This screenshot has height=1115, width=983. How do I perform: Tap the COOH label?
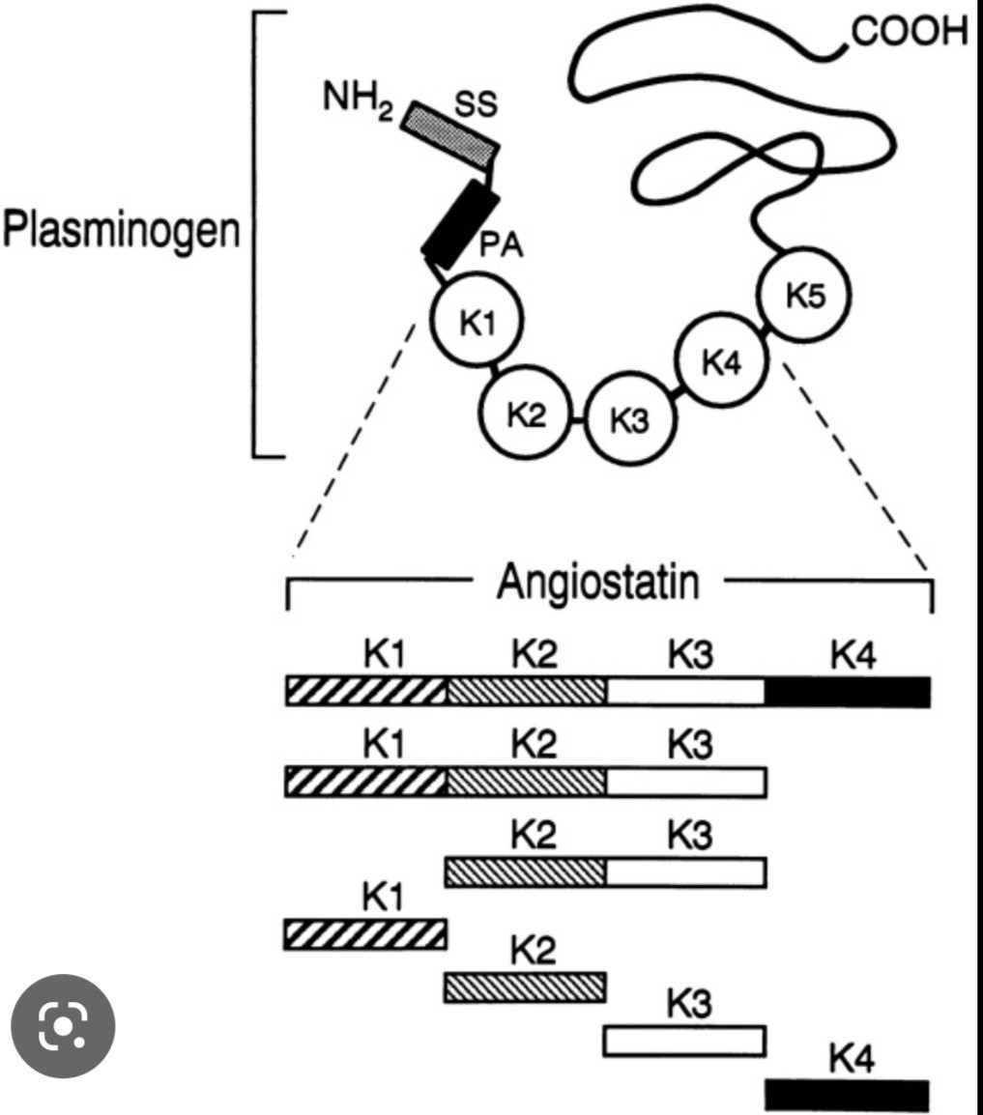[909, 32]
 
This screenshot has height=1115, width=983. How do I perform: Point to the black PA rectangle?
[460, 222]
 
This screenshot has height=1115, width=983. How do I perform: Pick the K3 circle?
[630, 421]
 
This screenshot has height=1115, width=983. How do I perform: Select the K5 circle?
[804, 298]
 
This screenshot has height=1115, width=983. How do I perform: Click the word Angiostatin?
[596, 583]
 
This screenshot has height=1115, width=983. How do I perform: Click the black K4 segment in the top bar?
[848, 692]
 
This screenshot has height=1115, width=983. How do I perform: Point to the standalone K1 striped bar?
[366, 934]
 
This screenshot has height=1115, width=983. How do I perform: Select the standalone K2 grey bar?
[526, 986]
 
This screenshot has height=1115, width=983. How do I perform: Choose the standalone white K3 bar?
[685, 1040]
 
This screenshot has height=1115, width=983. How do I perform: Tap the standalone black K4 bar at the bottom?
[847, 1095]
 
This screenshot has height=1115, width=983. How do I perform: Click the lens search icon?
[63, 1026]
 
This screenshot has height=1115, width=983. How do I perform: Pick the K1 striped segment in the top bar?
[366, 692]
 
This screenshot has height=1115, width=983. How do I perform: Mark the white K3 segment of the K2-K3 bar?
[685, 872]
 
